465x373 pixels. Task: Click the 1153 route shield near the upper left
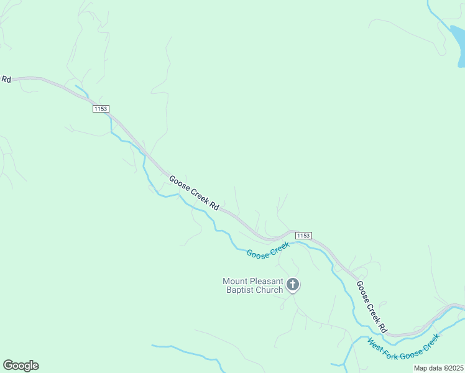[101, 109]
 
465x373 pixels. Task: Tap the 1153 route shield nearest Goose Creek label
[303, 235]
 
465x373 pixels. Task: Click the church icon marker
[293, 285]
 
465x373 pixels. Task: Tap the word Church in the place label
[269, 290]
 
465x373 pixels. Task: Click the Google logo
[21, 366]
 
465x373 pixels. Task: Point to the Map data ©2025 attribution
[438, 368]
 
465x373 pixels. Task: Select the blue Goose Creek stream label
[268, 250]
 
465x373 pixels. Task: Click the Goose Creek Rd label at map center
[194, 192]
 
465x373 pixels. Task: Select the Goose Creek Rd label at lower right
[372, 306]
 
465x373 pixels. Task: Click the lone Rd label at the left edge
[6, 79]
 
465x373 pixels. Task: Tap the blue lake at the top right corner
[461, 47]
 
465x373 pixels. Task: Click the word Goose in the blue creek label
[258, 254]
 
